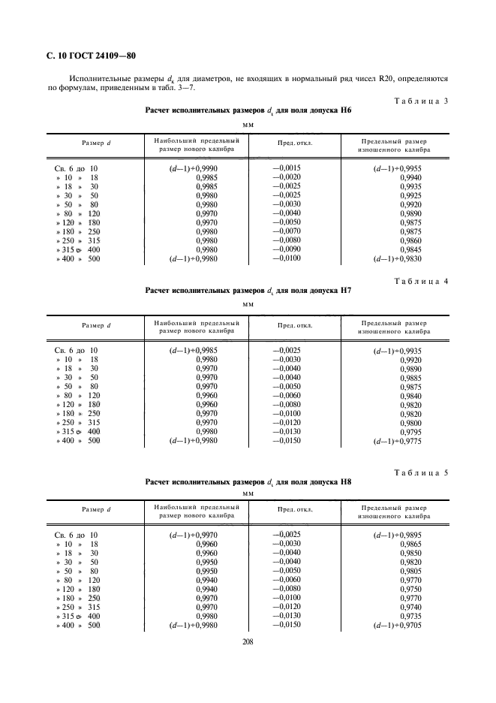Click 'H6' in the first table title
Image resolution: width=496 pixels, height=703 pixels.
click(x=345, y=110)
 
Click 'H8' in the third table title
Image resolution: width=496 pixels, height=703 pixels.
click(x=345, y=482)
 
